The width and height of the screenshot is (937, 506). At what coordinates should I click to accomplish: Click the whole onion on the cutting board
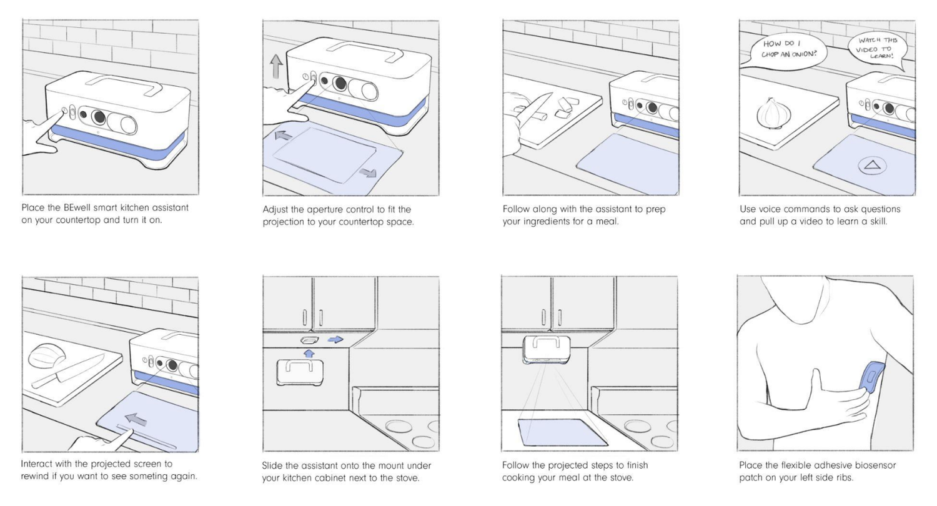[774, 113]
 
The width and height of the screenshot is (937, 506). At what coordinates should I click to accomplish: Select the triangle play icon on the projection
[872, 166]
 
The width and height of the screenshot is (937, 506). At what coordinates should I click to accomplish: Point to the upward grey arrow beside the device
[276, 66]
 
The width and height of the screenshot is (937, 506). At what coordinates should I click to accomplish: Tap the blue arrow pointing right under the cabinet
[335, 340]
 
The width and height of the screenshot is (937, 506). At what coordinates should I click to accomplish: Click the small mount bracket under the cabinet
[310, 340]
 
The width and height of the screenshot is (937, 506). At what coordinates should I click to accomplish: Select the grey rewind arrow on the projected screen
[136, 419]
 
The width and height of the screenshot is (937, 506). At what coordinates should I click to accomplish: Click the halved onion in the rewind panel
[47, 355]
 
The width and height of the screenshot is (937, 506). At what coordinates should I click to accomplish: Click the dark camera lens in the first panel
[99, 117]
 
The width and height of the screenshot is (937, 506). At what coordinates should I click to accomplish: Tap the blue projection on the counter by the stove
[563, 432]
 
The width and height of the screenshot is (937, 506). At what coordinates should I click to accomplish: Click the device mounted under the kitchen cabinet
[546, 350]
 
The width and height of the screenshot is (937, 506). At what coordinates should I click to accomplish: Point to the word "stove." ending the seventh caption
[407, 477]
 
